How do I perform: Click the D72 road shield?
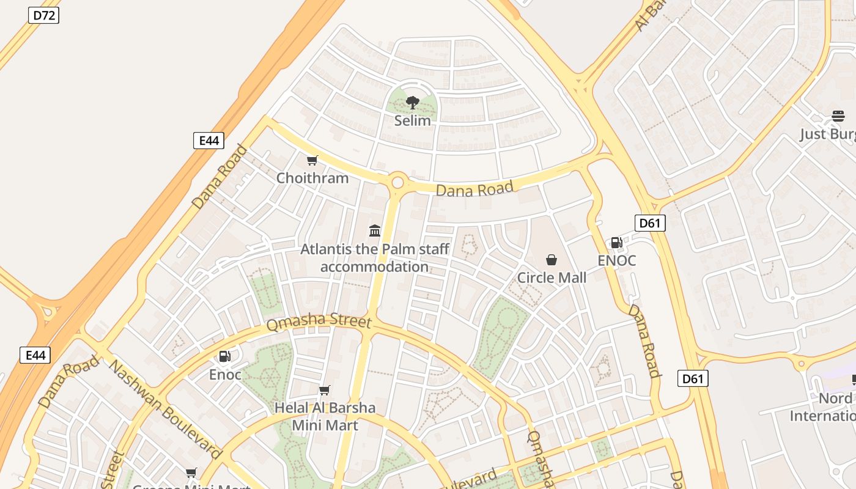coord(43,15)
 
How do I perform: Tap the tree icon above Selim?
coord(412,102)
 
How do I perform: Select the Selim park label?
coord(412,120)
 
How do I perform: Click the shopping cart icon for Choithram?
coord(312,161)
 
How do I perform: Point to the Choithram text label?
coord(312,178)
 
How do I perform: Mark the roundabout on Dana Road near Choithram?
coord(398,182)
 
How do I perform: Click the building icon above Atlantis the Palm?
coord(375,230)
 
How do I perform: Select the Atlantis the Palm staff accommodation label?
coord(375,258)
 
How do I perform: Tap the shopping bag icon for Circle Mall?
coord(552,260)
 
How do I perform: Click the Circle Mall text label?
coord(552,278)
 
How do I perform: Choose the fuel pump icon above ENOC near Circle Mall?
coord(616,243)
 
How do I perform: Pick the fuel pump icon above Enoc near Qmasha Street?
coord(225,356)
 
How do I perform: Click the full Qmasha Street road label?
coord(319,322)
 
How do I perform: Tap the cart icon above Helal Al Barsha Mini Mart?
coord(325,390)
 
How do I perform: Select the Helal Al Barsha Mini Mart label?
coord(325,416)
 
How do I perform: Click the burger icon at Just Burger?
coord(838,116)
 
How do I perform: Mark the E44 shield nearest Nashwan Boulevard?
coord(35,355)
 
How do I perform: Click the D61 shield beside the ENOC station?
coord(649,223)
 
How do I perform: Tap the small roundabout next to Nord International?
coord(801,365)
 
